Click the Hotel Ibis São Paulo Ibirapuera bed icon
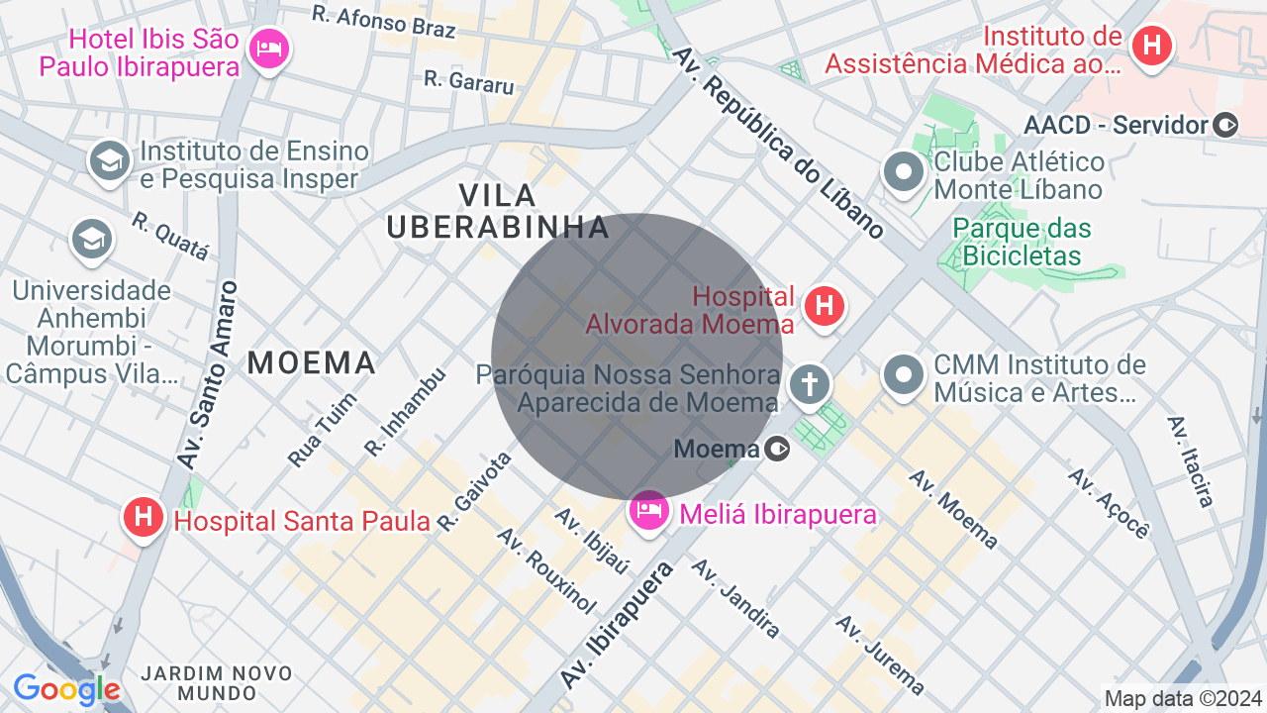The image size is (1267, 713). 268,48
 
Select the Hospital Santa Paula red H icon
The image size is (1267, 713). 144,517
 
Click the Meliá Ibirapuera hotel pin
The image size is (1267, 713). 648,512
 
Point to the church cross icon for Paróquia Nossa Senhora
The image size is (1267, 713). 810,384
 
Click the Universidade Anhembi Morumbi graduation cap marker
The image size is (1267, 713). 91,239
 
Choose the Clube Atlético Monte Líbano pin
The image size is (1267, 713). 903,173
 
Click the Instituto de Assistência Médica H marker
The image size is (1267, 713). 1151,46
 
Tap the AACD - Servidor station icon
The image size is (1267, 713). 1225,125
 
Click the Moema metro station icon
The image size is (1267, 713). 778,450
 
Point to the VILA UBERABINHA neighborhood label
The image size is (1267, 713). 498,211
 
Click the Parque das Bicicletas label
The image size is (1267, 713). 1023,243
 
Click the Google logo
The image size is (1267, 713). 66,689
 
